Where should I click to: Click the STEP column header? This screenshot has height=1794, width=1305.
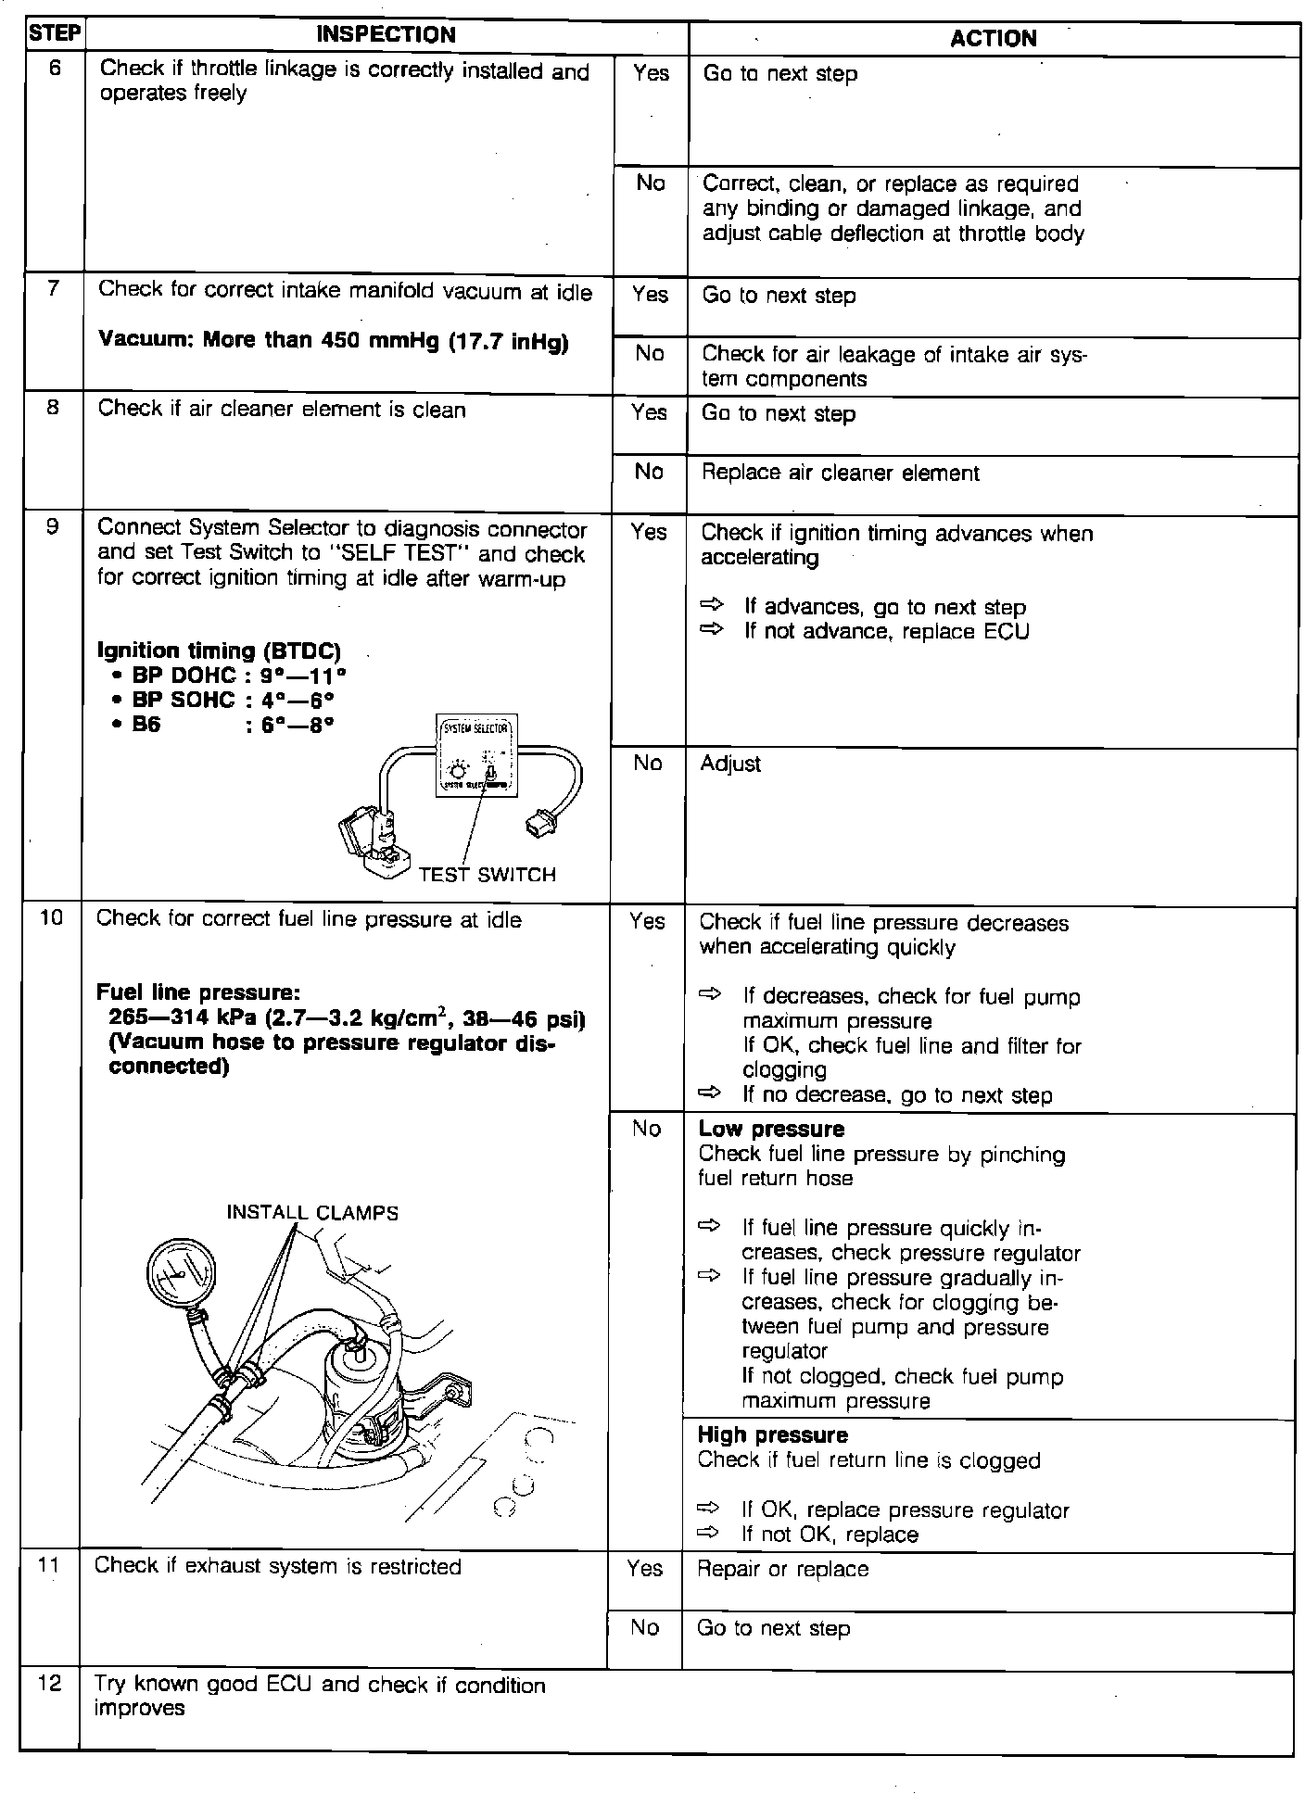click(55, 35)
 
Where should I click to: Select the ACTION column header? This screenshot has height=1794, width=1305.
click(993, 38)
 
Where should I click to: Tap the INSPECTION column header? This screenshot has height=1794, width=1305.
click(386, 35)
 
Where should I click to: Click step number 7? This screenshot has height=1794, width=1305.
click(54, 289)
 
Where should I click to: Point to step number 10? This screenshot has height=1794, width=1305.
click(52, 918)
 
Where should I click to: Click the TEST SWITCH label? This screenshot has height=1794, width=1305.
click(487, 875)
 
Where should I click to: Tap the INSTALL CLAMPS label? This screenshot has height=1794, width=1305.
click(312, 1213)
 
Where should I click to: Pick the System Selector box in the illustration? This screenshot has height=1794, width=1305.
click(476, 755)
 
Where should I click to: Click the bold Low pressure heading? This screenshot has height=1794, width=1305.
click(771, 1129)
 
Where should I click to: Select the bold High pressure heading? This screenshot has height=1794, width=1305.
click(772, 1435)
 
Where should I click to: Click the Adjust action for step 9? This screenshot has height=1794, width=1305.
click(730, 764)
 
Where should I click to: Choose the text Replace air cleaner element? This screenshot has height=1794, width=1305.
click(840, 474)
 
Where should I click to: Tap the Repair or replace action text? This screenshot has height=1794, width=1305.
click(782, 1569)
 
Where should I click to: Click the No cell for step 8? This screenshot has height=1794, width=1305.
click(649, 472)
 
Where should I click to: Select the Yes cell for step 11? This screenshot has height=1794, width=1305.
click(644, 1568)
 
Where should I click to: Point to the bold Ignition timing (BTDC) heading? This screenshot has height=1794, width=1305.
click(219, 651)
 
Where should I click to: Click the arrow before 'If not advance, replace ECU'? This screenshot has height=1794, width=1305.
click(711, 631)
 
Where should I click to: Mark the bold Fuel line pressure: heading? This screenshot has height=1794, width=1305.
click(198, 992)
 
